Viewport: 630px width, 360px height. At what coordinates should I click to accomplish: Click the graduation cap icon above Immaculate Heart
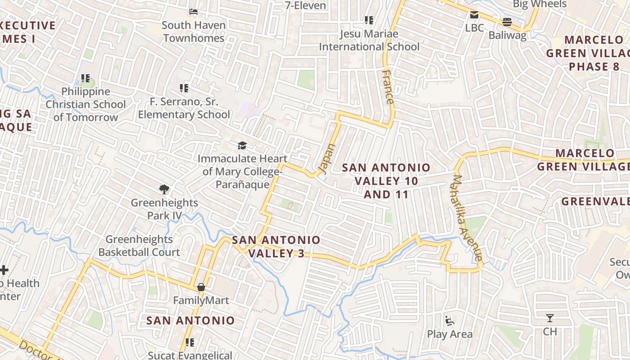(x=243, y=145)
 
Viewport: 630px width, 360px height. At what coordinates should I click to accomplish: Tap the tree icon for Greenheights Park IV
(x=164, y=189)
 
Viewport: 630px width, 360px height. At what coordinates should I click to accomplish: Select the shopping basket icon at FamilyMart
(x=201, y=287)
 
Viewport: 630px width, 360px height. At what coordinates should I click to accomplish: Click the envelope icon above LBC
(x=474, y=15)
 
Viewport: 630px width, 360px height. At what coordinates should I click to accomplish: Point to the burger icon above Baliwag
(x=507, y=22)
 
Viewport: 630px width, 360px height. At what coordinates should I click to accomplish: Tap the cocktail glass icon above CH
(x=549, y=318)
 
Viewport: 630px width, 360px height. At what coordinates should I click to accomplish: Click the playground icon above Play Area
(x=449, y=320)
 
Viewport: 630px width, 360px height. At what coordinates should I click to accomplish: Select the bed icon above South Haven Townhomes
(x=193, y=12)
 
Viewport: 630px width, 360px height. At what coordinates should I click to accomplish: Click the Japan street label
(x=327, y=159)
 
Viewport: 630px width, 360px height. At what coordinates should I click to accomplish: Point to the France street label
(x=388, y=86)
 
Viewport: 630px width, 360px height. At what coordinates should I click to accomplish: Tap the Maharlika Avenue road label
(x=468, y=218)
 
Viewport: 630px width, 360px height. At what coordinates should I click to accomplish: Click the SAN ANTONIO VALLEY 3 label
(x=276, y=247)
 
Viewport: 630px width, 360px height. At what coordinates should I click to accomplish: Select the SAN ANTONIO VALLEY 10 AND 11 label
(x=386, y=181)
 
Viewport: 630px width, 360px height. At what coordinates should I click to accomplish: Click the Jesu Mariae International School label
(x=369, y=40)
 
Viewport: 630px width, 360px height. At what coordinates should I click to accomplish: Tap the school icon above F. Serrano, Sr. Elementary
(x=184, y=88)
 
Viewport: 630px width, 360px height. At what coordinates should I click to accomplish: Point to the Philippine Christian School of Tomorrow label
(x=85, y=104)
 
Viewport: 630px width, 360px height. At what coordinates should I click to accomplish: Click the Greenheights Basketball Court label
(x=139, y=246)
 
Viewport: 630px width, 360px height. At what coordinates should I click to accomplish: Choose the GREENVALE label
(x=595, y=201)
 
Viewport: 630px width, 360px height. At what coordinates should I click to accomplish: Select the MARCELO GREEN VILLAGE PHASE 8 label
(x=588, y=53)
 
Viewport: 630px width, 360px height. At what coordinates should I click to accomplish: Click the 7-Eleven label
(x=306, y=5)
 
